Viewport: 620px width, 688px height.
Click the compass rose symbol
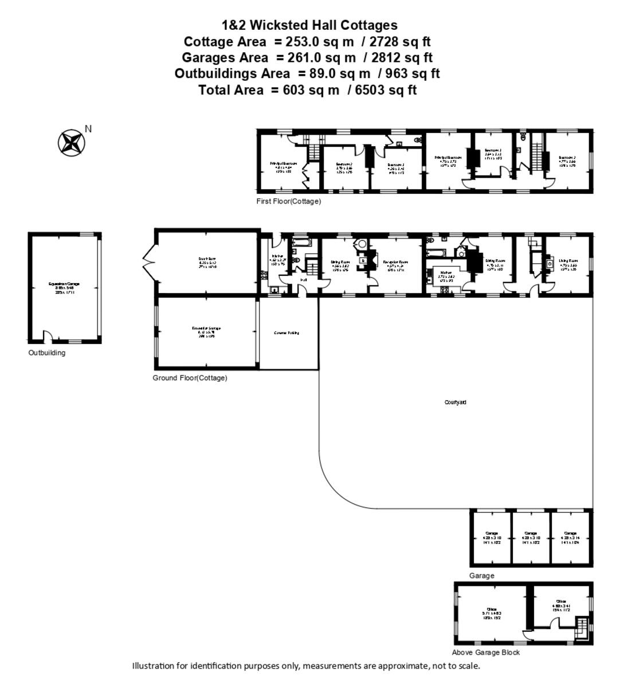(x=71, y=142)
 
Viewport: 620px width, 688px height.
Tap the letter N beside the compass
(x=88, y=129)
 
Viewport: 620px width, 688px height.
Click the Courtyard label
(x=456, y=402)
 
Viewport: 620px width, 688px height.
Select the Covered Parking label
(x=287, y=333)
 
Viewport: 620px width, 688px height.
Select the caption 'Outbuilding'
(x=47, y=353)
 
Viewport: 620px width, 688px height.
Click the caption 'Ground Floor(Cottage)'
(x=190, y=378)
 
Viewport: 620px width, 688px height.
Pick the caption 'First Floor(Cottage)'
(x=289, y=202)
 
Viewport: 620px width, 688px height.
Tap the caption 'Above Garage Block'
(x=486, y=652)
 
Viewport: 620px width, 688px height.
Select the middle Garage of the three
(x=530, y=537)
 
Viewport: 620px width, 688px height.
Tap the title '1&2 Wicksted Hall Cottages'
(x=309, y=25)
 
